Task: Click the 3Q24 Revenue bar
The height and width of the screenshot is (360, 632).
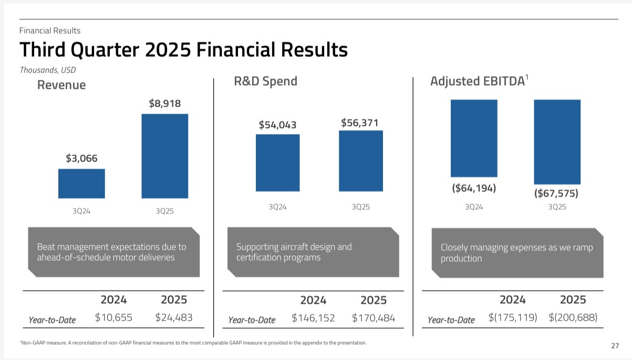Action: [81, 183]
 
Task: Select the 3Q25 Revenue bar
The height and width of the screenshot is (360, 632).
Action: [165, 156]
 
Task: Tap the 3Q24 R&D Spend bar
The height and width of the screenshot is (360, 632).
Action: [277, 162]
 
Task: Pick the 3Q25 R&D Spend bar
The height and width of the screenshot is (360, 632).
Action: [361, 161]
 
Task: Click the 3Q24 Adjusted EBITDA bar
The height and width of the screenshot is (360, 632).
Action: [474, 138]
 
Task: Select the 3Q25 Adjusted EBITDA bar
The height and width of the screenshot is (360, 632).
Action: [557, 141]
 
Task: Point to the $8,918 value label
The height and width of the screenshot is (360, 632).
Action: [165, 104]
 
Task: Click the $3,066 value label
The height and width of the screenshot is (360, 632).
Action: [81, 158]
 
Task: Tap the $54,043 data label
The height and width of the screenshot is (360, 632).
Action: [277, 125]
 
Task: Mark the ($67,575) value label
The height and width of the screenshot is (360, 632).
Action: [556, 193]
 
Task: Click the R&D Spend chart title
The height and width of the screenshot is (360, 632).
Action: [265, 81]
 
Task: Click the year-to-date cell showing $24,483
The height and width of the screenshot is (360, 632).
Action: [174, 317]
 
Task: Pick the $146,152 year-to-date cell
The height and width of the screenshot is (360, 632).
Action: [313, 318]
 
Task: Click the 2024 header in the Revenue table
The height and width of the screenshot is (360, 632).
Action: [113, 300]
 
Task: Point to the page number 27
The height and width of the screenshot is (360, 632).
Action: [615, 346]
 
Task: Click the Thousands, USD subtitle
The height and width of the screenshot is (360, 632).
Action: [44, 70]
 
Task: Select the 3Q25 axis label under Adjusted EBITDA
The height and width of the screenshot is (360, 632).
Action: [557, 207]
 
